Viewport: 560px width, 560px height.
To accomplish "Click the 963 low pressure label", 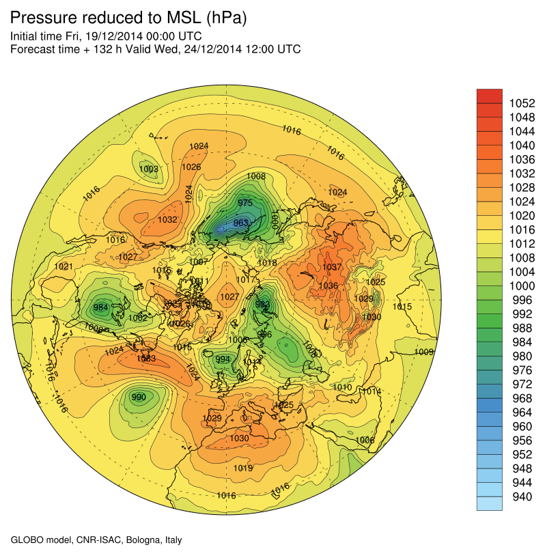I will point(240,223).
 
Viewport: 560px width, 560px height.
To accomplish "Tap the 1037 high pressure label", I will point(332,267).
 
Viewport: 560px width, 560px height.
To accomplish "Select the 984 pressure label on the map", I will point(101,307).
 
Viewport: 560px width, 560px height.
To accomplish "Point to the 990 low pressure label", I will point(139,397).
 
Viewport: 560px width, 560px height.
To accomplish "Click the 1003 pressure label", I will point(148,169).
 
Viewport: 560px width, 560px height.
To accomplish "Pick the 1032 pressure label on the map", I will point(167,220).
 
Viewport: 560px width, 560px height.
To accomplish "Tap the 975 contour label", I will point(245,203).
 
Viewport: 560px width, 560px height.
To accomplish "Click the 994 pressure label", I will point(223,360).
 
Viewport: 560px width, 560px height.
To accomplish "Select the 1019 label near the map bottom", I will point(243,468).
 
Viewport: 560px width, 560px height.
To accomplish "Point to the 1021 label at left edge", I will point(64,266).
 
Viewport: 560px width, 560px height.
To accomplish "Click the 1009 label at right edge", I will point(424,352).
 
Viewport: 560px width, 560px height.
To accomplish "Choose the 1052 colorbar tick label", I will point(522,103).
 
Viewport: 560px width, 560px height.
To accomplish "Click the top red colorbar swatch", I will point(489,96).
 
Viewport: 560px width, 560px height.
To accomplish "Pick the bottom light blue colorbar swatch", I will point(489,503).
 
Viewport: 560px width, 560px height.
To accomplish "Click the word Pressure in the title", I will point(44,19).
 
